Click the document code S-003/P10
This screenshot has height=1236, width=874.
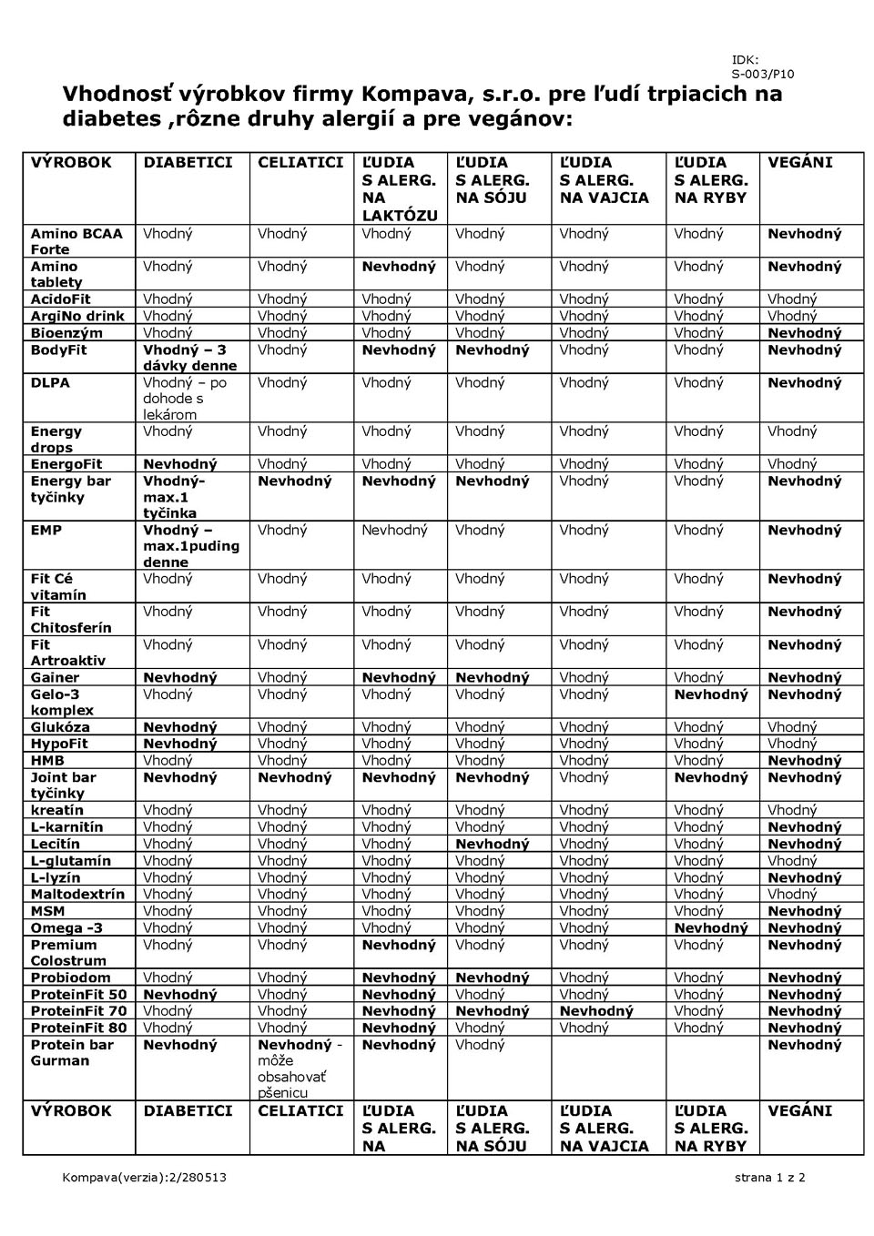coord(762,75)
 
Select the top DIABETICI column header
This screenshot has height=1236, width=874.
coord(188,163)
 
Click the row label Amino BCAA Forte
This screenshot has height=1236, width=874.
coord(76,241)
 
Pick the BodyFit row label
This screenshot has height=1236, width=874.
coord(59,350)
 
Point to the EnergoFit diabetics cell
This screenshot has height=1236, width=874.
coord(180,464)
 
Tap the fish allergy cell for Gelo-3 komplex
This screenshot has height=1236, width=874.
coord(710,695)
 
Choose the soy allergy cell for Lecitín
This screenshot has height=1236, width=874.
coord(492,844)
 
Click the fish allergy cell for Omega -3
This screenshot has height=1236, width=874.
coord(710,928)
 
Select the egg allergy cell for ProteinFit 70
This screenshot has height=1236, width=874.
coord(596,1011)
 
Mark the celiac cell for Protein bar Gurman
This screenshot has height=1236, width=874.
coord(300,1069)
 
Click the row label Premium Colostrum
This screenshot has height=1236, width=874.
coord(69,953)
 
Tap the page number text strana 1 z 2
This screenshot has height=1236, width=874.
coord(769,1177)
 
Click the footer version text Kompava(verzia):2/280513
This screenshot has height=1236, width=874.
coord(144,1177)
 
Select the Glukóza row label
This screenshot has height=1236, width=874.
coord(60,727)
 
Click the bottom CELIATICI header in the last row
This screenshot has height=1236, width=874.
coord(300,1111)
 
